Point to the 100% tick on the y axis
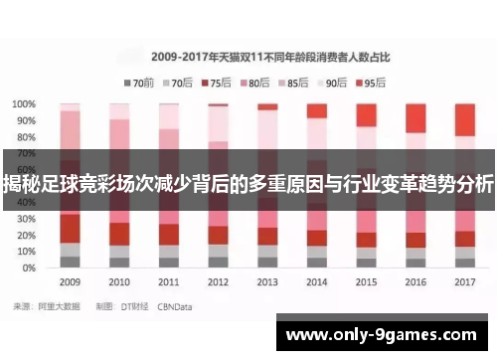pyautogui.click(x=26, y=103)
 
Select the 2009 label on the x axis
pyautogui.click(x=70, y=281)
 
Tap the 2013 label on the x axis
pyautogui.click(x=267, y=281)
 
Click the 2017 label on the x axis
pyautogui.click(x=464, y=281)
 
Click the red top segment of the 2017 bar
pyautogui.click(x=464, y=119)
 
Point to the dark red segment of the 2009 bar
pyautogui.click(x=70, y=228)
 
